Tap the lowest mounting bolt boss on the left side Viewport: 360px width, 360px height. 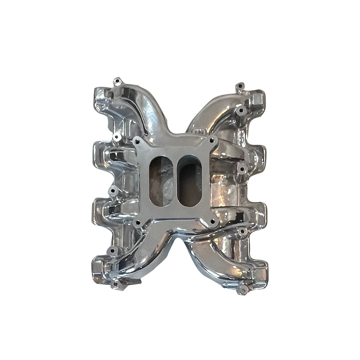click(x=116, y=283)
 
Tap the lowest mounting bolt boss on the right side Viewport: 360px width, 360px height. click(x=242, y=289)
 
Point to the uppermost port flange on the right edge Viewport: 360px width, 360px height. click(x=258, y=98)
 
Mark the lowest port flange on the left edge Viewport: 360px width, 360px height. click(x=98, y=266)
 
